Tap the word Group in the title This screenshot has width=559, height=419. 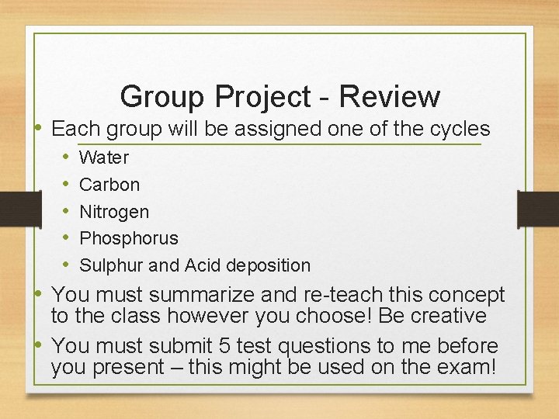tap(159, 98)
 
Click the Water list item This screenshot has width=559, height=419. tap(104, 158)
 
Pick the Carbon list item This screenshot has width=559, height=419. tap(109, 185)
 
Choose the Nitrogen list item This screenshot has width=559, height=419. tap(114, 211)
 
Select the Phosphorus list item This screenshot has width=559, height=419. tap(129, 238)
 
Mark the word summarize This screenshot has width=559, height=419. tap(201, 296)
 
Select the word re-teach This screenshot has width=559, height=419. tap(332, 296)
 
